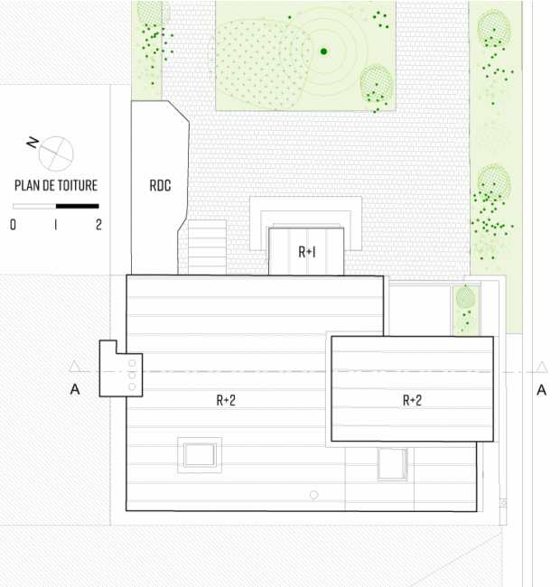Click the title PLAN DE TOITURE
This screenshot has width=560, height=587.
(x=56, y=185)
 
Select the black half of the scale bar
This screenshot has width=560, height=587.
(x=78, y=206)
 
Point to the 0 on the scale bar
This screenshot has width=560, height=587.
(x=14, y=225)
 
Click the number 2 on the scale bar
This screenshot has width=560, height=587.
(x=98, y=225)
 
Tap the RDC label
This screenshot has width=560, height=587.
(x=160, y=185)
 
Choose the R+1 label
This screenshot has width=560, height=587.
(x=307, y=252)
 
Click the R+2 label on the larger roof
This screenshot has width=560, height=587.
(x=226, y=400)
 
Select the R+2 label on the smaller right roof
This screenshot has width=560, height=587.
(x=412, y=400)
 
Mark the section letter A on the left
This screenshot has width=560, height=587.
(x=75, y=390)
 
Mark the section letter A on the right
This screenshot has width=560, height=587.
(x=541, y=390)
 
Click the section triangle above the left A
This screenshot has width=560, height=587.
(x=74, y=367)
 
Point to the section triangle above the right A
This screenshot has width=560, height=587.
(x=542, y=368)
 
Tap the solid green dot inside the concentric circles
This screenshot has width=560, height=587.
(x=323, y=51)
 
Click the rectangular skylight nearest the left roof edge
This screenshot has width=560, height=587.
(x=200, y=455)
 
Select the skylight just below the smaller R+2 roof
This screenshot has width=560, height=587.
(x=392, y=464)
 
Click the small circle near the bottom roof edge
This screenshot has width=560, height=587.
(x=313, y=495)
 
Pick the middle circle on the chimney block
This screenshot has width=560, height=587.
(x=132, y=375)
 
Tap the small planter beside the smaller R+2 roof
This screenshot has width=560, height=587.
(x=466, y=311)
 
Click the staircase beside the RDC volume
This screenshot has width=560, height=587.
(x=207, y=247)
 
